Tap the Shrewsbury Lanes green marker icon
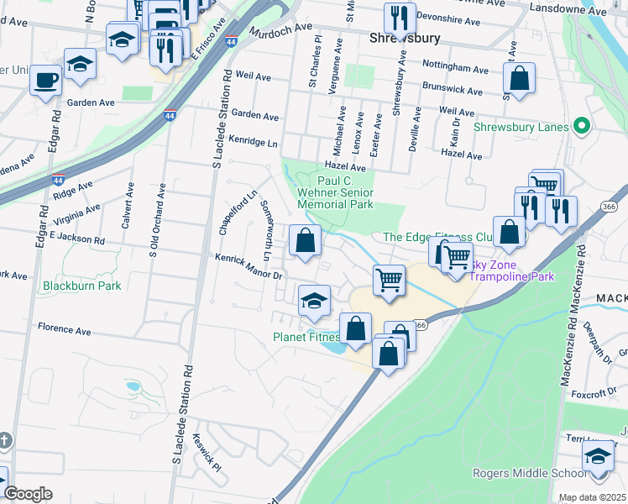579,128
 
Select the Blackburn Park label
81,286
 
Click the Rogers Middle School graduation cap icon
599,457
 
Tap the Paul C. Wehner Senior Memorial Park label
334,192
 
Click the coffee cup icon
44,81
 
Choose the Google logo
28,493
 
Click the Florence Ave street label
63,330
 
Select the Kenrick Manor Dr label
250,267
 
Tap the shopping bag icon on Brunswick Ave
520,79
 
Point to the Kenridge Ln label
253,143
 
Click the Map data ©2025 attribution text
593,497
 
